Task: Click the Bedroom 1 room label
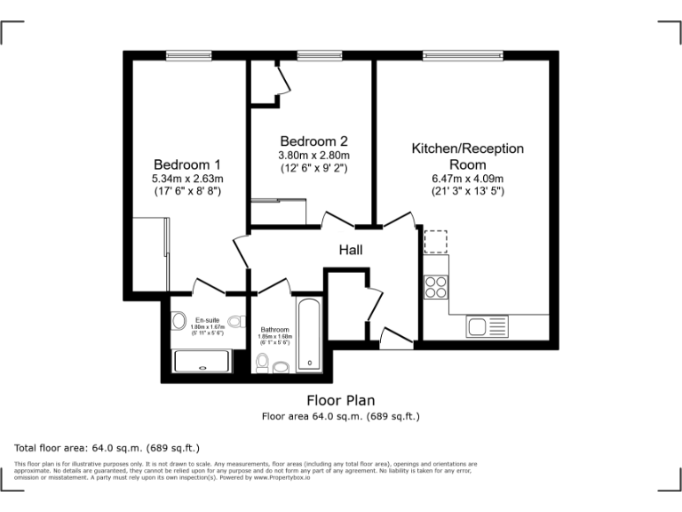pos(186,164)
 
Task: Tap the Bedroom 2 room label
pos(313,141)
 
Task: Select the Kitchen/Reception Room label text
pos(467,156)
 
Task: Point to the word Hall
pos(351,251)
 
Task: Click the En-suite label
pos(208,320)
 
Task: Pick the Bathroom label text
pos(274,330)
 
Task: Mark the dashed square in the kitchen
pos(436,242)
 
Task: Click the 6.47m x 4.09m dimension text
pos(467,178)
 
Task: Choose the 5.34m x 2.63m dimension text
pos(186,178)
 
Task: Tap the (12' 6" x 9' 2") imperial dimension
pos(313,167)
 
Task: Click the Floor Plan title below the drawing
pos(340,399)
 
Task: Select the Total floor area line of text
pos(107,447)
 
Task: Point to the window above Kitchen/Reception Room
pos(462,55)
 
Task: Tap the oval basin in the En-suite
pos(178,322)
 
